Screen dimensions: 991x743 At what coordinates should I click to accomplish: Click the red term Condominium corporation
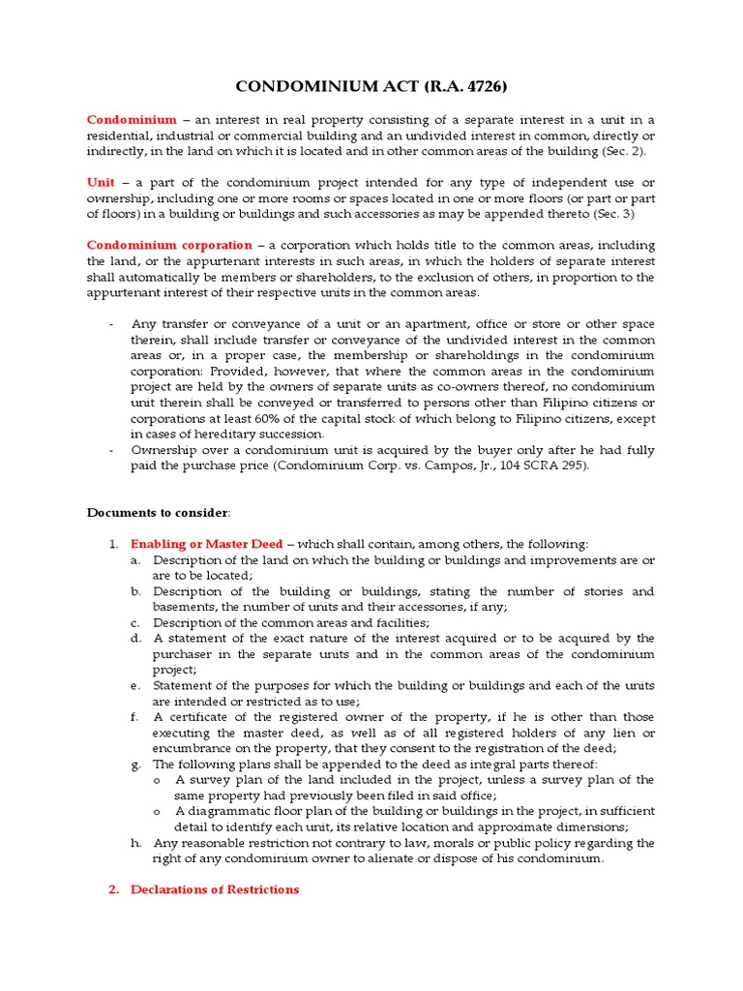pyautogui.click(x=169, y=246)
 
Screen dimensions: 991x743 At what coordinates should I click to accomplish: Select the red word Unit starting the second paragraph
pyautogui.click(x=101, y=183)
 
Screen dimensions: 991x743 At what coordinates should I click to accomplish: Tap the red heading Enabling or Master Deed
pyautogui.click(x=206, y=544)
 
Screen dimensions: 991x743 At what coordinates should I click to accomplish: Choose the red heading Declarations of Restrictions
pyautogui.click(x=215, y=889)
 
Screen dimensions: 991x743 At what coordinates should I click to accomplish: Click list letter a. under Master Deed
pyautogui.click(x=136, y=560)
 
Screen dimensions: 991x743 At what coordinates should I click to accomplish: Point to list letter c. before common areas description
pyautogui.click(x=136, y=622)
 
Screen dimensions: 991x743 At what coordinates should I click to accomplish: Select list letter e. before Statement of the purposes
pyautogui.click(x=136, y=685)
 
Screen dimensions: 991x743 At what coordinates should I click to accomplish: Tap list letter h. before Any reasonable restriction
pyautogui.click(x=136, y=843)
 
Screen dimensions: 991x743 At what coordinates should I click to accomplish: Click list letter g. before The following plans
pyautogui.click(x=136, y=764)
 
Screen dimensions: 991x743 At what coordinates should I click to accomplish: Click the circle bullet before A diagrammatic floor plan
pyautogui.click(x=158, y=811)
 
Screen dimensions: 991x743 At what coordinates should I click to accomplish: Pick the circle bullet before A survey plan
pyautogui.click(x=158, y=780)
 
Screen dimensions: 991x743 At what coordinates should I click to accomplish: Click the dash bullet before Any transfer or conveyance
pyautogui.click(x=112, y=324)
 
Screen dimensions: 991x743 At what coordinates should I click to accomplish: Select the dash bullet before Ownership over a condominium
pyautogui.click(x=112, y=450)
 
